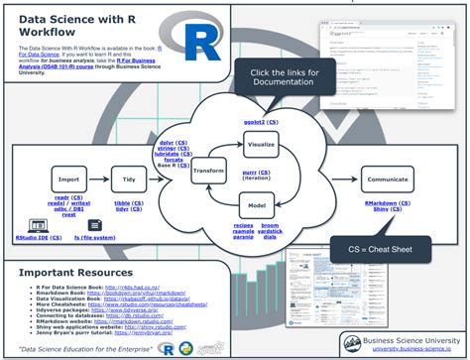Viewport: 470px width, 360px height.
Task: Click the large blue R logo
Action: (195, 43)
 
